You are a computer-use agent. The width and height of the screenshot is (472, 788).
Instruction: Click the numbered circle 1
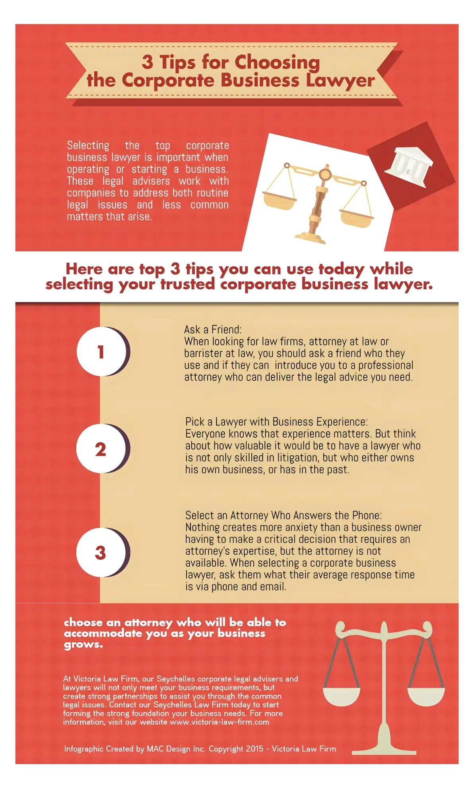tap(101, 351)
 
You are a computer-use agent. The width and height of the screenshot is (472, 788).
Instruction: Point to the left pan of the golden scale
tap(280, 201)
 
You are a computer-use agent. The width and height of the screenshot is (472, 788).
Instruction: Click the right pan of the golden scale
tap(357, 218)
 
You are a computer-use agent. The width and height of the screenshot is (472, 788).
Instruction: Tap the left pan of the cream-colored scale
tap(342, 697)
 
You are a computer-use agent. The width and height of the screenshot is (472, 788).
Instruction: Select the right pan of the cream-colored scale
tap(426, 697)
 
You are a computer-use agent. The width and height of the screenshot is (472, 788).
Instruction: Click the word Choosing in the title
tap(277, 62)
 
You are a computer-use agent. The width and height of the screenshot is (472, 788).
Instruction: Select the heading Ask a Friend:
tap(213, 330)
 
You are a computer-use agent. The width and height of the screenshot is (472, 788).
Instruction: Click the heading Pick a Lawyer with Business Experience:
tap(276, 422)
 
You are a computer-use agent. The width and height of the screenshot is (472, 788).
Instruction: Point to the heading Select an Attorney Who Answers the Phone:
tap(284, 515)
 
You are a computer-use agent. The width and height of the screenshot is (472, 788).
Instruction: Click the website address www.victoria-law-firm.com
tap(219, 722)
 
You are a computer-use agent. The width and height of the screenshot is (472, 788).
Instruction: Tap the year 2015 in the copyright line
tap(254, 749)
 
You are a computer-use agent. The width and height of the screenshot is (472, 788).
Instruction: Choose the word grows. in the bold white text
tap(84, 645)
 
